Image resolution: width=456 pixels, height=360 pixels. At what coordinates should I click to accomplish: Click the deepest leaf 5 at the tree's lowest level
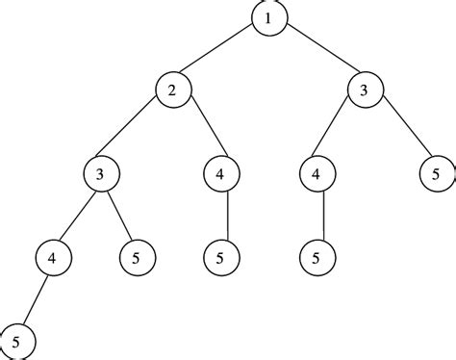[x=17, y=340]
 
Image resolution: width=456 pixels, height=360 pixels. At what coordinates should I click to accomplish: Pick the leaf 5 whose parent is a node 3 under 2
[x=136, y=257]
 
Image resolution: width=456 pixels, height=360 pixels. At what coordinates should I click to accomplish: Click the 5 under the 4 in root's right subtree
[x=317, y=257]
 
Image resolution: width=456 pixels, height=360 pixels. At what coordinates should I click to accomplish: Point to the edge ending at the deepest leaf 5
[x=34, y=298]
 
